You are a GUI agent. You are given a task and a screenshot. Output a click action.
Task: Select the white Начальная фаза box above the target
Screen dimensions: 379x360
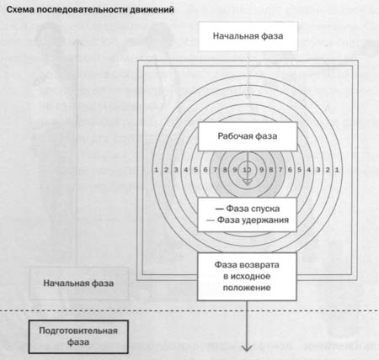click(248, 36)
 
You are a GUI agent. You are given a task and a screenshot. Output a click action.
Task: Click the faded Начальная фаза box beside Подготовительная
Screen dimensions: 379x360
click(78, 283)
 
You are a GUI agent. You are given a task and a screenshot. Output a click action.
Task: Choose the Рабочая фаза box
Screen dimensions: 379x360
click(248, 136)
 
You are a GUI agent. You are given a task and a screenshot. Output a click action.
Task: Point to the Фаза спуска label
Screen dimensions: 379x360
click(253, 209)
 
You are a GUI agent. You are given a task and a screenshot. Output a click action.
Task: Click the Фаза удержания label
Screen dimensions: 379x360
click(253, 220)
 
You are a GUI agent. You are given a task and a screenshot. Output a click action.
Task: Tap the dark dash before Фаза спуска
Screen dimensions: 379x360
click(219, 209)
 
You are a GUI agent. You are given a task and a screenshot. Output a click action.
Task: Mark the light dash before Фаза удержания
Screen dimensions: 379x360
click(211, 220)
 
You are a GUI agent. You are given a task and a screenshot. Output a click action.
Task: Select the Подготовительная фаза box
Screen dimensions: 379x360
click(78, 336)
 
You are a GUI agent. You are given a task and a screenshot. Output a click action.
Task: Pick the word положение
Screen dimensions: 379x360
click(247, 288)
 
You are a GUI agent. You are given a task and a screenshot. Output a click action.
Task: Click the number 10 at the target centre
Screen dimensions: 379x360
click(247, 170)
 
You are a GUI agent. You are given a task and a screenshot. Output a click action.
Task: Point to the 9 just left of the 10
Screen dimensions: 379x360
click(235, 170)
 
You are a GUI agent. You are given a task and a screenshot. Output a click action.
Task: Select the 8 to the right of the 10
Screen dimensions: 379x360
click(271, 170)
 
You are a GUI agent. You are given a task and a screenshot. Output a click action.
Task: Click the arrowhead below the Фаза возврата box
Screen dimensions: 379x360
click(247, 348)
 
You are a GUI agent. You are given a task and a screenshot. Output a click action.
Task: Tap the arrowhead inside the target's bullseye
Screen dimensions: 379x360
click(247, 182)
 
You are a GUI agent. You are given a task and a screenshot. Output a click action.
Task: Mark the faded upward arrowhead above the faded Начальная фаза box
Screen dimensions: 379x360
click(78, 42)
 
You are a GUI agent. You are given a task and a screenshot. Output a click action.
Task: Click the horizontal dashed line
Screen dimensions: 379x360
click(189, 310)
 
